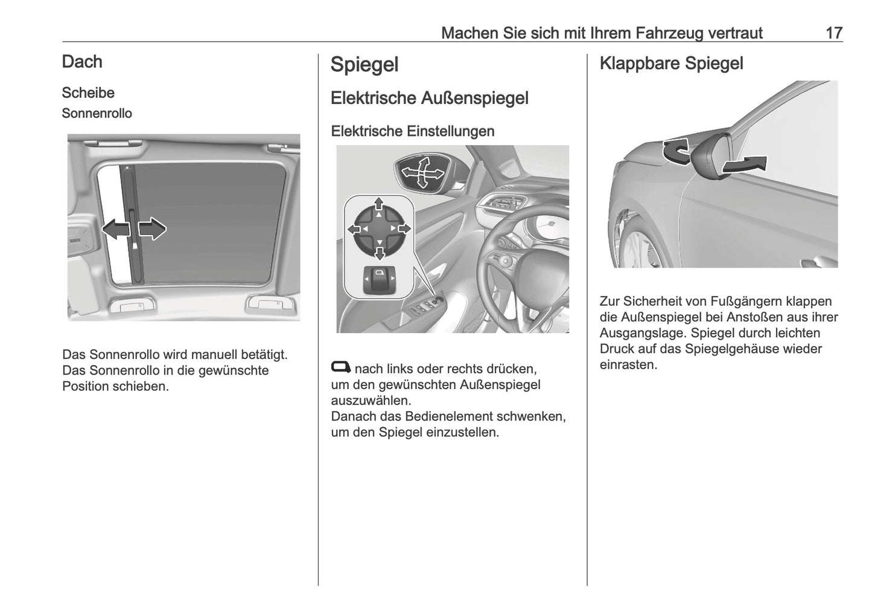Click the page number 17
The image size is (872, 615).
[x=833, y=33]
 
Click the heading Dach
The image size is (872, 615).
[x=82, y=62]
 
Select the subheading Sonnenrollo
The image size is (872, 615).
[x=97, y=114]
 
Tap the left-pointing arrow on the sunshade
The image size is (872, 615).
[x=116, y=230]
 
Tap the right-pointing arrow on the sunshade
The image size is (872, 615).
[x=152, y=230]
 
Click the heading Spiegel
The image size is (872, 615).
[x=364, y=65]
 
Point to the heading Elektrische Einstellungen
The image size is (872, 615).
[x=412, y=131]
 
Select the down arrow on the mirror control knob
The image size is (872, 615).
[x=378, y=252]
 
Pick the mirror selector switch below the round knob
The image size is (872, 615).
[x=378, y=280]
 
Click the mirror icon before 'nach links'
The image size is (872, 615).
[x=340, y=367]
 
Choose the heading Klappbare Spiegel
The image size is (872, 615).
[x=671, y=63]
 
